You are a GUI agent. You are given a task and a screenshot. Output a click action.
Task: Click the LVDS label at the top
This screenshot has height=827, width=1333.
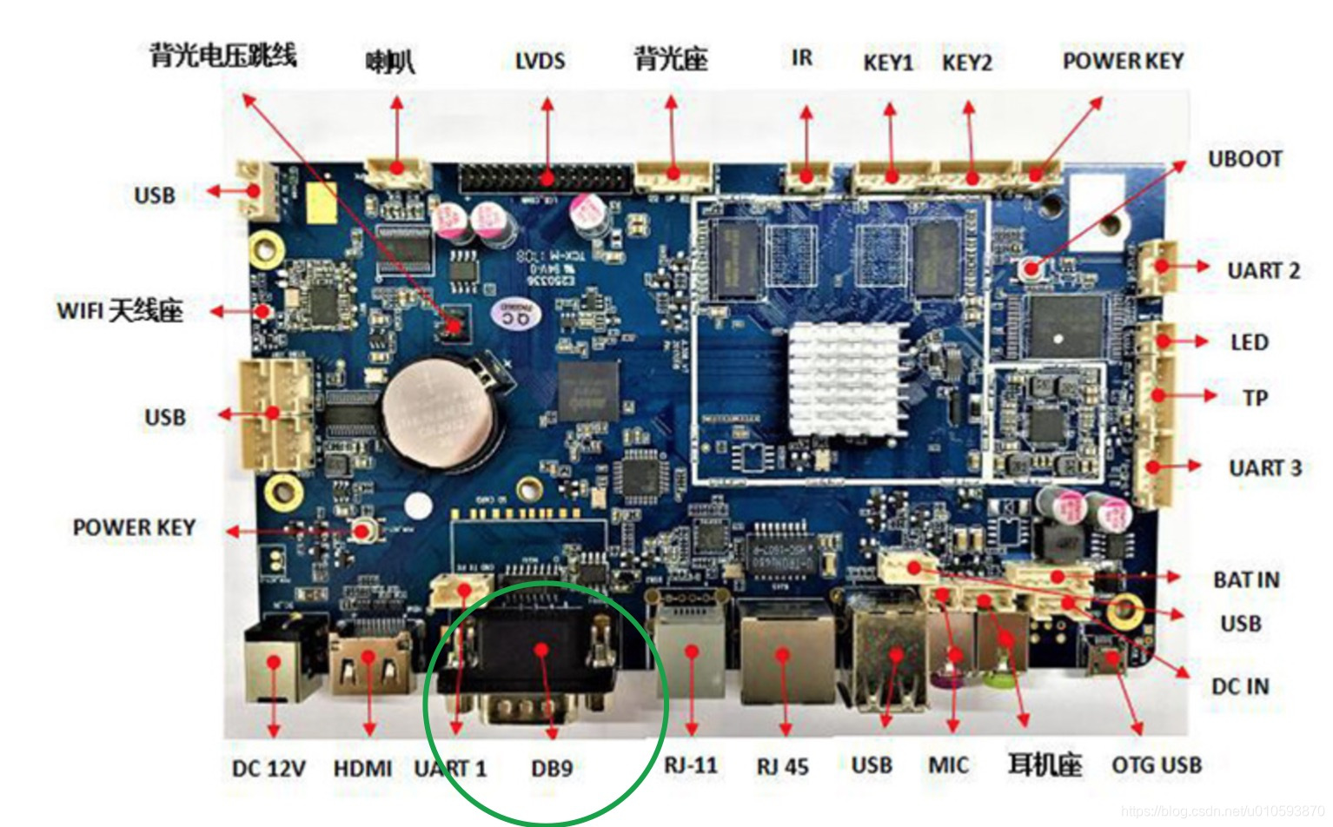[x=540, y=61]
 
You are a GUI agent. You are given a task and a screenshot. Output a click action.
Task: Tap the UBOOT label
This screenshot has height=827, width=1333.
[x=1244, y=159]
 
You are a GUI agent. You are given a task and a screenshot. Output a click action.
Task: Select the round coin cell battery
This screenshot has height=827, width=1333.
[x=431, y=408]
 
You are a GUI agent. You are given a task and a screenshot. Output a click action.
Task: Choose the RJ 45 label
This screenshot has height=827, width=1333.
[x=782, y=767]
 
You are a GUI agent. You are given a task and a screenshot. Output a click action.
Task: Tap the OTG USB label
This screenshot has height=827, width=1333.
[x=1157, y=765]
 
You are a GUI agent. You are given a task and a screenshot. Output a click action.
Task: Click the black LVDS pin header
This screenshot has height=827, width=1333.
[x=546, y=179]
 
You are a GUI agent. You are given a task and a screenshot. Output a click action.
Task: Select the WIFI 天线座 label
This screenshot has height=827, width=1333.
[x=120, y=310]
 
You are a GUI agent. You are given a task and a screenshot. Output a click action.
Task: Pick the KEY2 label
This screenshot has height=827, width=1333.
[x=966, y=63]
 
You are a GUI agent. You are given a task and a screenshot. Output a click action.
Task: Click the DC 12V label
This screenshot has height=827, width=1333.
[x=269, y=769]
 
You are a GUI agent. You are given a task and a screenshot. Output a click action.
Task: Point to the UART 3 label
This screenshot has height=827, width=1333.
[x=1264, y=468]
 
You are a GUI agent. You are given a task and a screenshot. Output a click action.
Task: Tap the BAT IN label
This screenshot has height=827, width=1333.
[x=1245, y=579]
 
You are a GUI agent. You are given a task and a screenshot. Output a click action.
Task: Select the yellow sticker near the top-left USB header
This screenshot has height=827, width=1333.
[x=320, y=202]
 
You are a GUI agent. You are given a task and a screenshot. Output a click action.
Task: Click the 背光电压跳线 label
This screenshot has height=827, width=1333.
[x=223, y=56]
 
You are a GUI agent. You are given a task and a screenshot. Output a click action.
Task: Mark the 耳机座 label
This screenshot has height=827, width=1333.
[x=1045, y=765]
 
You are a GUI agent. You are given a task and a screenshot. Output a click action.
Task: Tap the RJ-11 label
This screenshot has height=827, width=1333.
[x=691, y=765]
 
